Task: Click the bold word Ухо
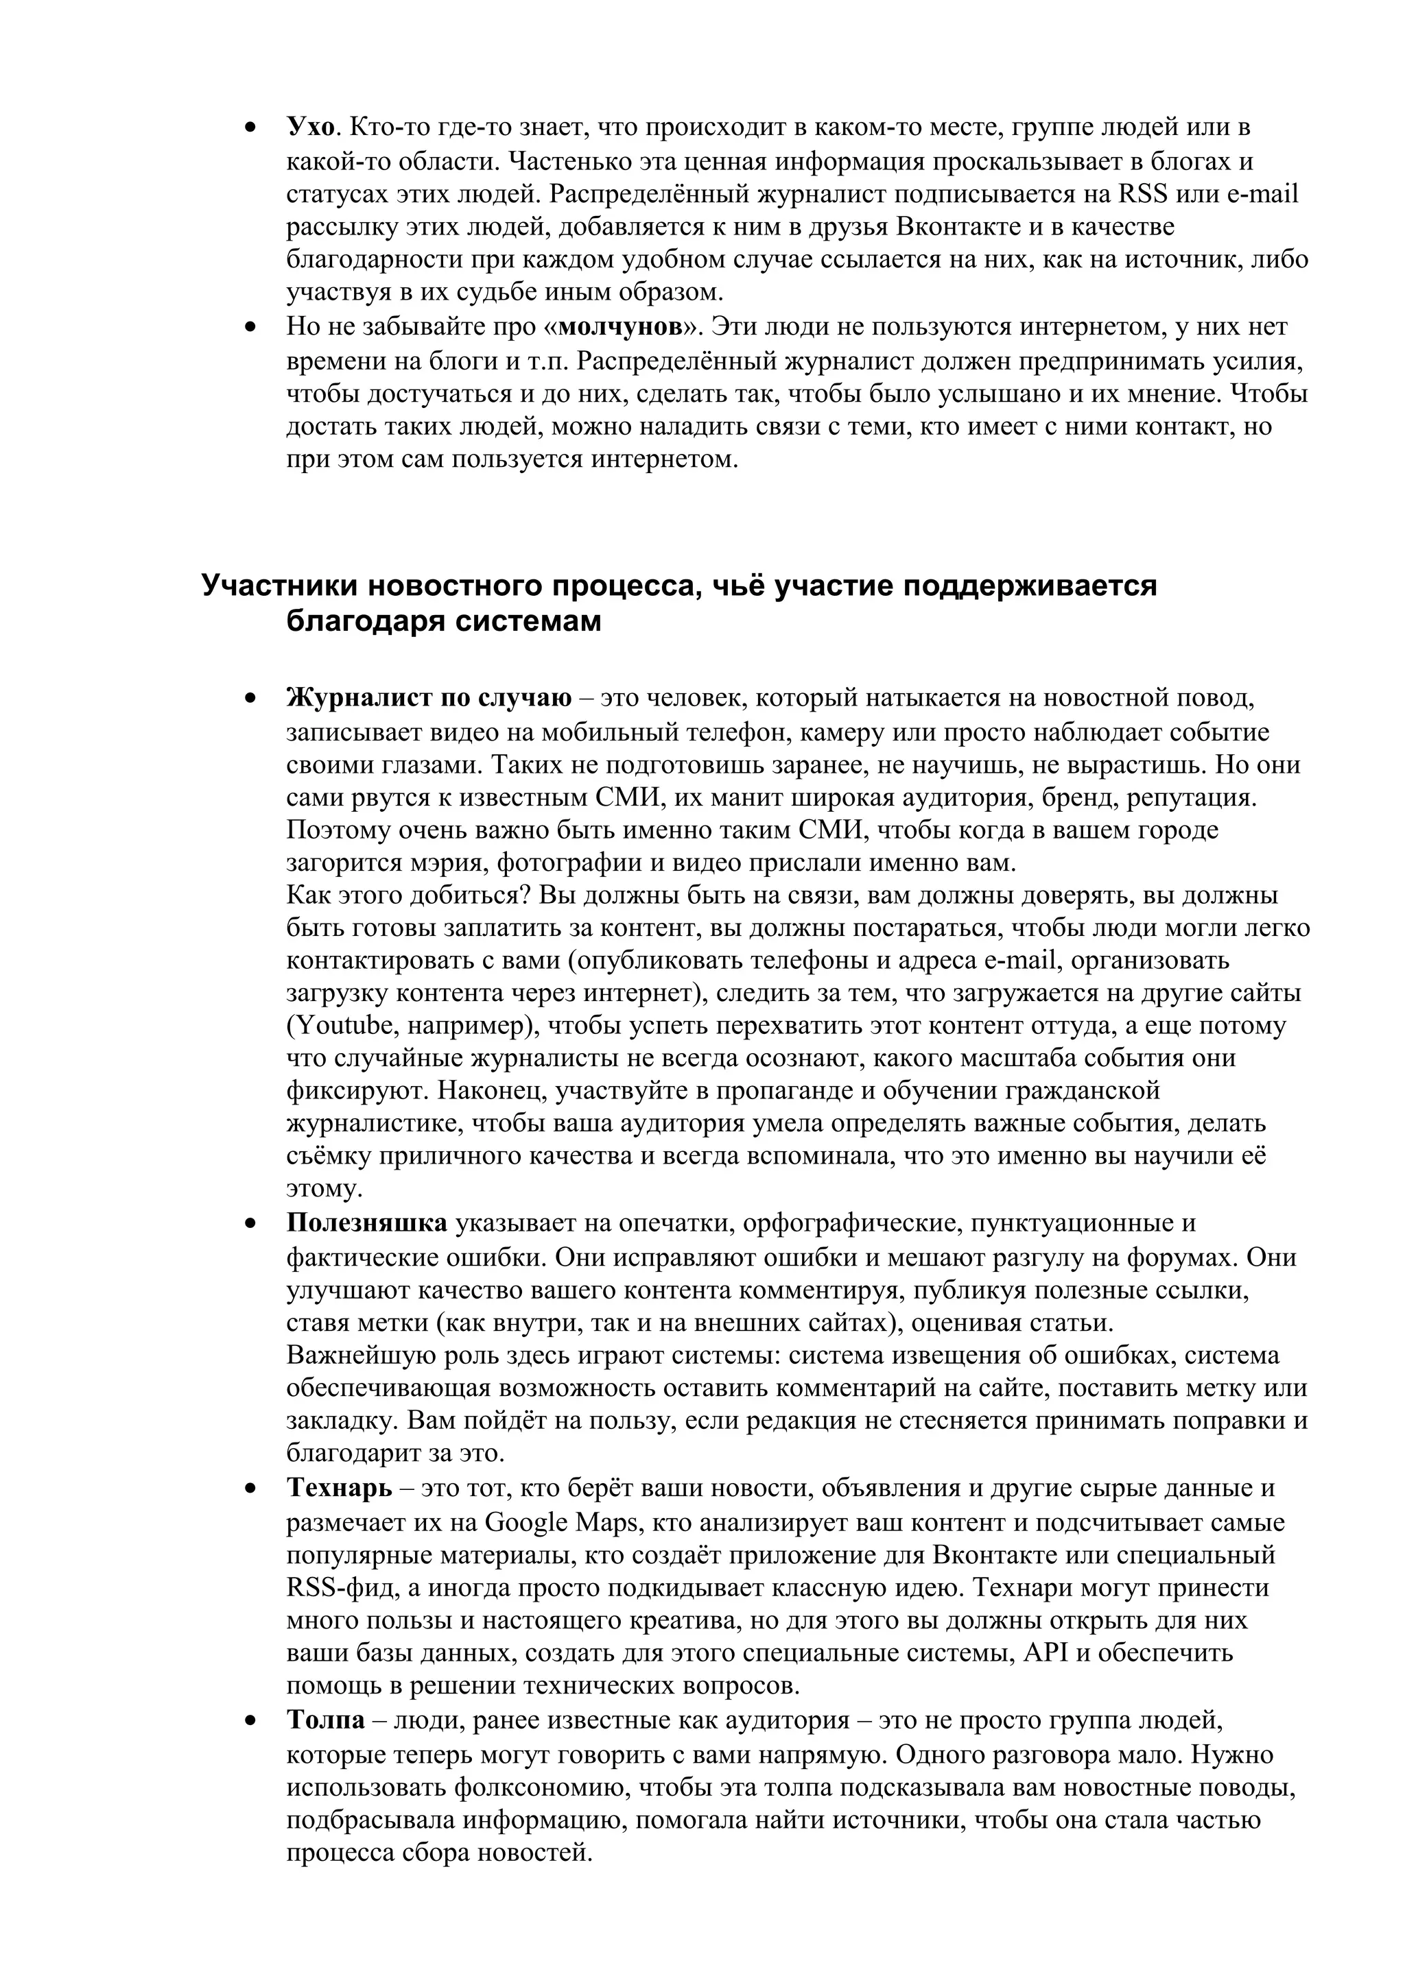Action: click(x=310, y=128)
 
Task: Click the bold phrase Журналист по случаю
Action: click(x=429, y=697)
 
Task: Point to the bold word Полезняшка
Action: click(x=367, y=1223)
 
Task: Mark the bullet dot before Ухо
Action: click(x=251, y=128)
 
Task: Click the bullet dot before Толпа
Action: click(x=251, y=1722)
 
